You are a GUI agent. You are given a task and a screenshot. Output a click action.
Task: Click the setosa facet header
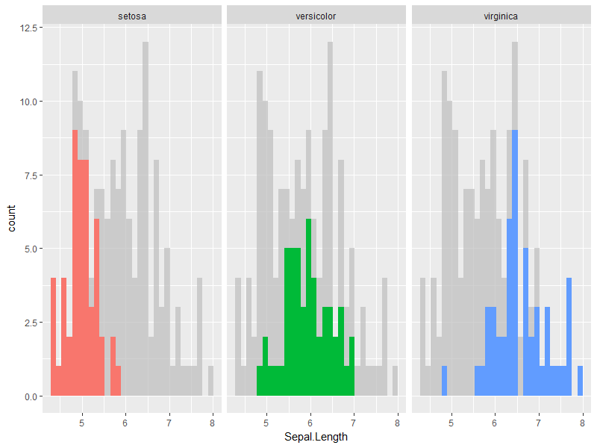(132, 15)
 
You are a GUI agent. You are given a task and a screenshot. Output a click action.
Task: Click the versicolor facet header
(316, 15)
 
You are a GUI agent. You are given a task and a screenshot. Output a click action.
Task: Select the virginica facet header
(501, 15)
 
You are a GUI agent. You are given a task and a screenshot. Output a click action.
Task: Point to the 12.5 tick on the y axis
(25, 28)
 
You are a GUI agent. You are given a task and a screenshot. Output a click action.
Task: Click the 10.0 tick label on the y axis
(25, 102)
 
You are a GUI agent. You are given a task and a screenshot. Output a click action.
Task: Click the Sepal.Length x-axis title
(316, 437)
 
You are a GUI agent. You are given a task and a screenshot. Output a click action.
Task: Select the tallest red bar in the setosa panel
(75, 261)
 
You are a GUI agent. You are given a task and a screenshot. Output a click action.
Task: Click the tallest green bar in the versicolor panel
(308, 306)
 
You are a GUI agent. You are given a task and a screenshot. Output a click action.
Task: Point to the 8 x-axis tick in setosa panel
(212, 423)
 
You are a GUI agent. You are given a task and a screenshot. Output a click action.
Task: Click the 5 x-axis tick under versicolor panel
(266, 423)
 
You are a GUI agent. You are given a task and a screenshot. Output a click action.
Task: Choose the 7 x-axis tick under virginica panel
(538, 423)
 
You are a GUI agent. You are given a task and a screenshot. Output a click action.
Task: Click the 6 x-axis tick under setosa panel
(125, 423)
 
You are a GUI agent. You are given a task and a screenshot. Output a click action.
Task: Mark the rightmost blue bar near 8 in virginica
(580, 381)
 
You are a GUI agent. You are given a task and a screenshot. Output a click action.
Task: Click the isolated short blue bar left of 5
(444, 381)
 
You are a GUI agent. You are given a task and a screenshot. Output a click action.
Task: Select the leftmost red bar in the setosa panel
(54, 336)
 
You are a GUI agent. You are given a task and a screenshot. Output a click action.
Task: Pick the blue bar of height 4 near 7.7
(569, 336)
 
